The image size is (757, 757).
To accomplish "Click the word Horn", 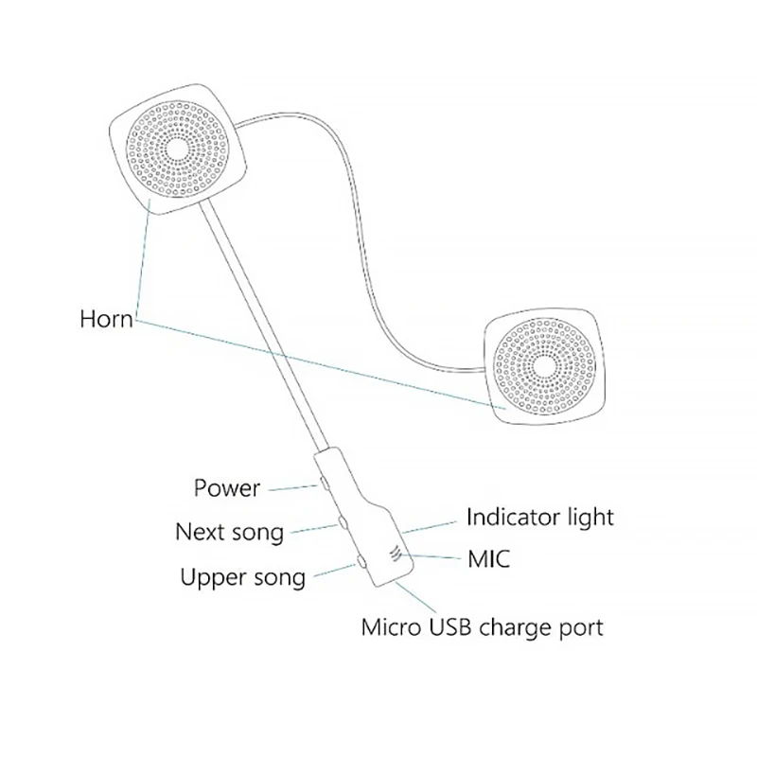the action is [105, 318].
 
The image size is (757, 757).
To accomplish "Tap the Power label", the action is [226, 488].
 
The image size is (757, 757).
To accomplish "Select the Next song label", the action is [229, 532].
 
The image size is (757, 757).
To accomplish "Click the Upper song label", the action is [242, 576].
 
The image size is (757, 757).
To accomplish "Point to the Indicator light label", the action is [539, 518].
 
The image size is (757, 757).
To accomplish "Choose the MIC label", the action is [489, 558].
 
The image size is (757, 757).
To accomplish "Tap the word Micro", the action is [391, 626].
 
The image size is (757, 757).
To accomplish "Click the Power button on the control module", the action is [324, 483].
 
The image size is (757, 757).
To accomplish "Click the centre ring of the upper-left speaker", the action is [176, 150].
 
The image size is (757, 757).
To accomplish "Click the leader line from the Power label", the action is [293, 487].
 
